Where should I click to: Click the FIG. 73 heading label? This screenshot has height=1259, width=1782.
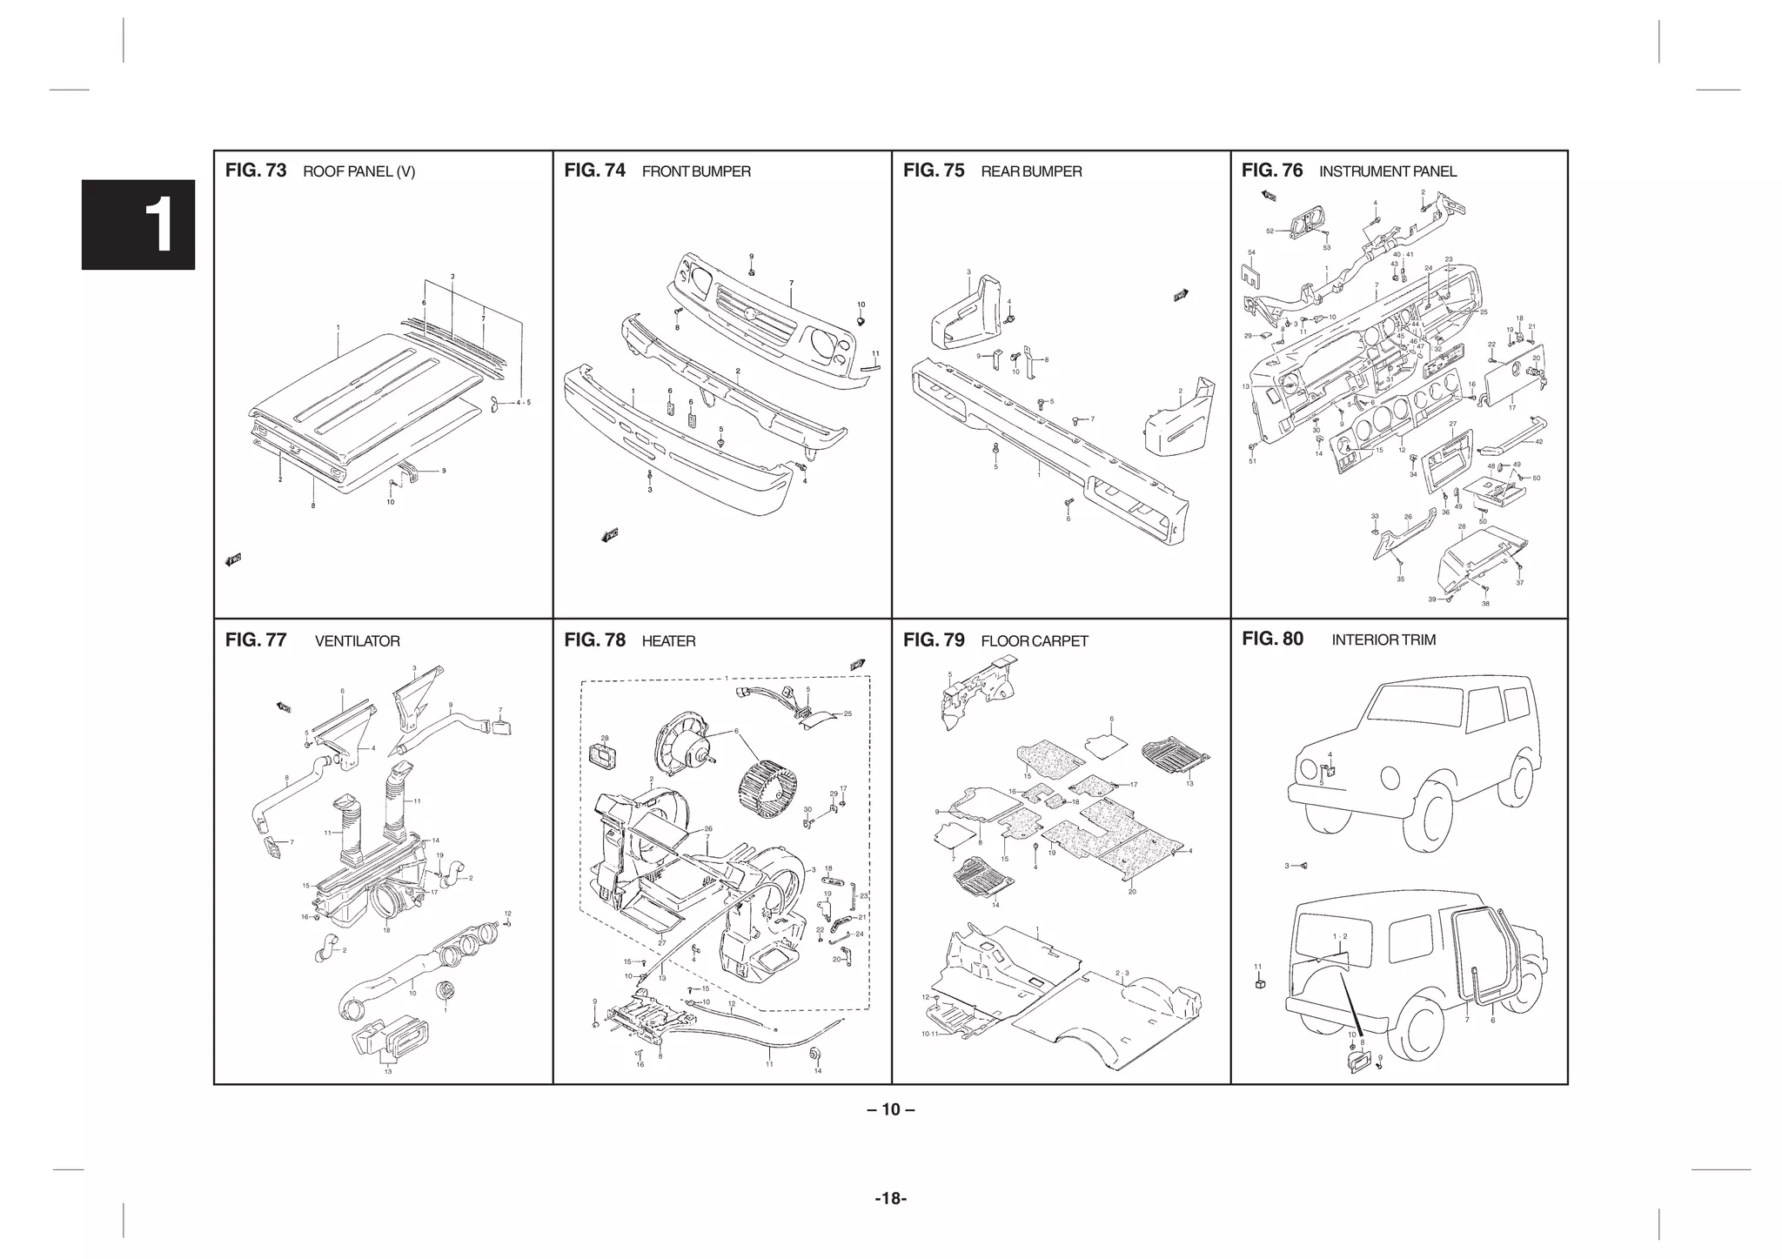(255, 171)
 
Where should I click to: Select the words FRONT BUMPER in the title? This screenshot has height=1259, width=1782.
(695, 171)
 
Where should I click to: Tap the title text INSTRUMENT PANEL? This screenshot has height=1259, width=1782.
(1387, 171)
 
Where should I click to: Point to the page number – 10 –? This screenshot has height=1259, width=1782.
(890, 1109)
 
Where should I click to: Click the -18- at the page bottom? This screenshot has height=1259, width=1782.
(890, 1199)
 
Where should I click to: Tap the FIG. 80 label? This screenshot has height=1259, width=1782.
(1272, 639)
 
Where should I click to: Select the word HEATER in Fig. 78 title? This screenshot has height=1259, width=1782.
(668, 641)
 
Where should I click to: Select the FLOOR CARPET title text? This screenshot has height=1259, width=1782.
(1034, 641)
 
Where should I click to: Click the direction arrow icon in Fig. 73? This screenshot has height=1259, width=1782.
(232, 559)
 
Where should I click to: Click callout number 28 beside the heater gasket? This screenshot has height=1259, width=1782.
(604, 738)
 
